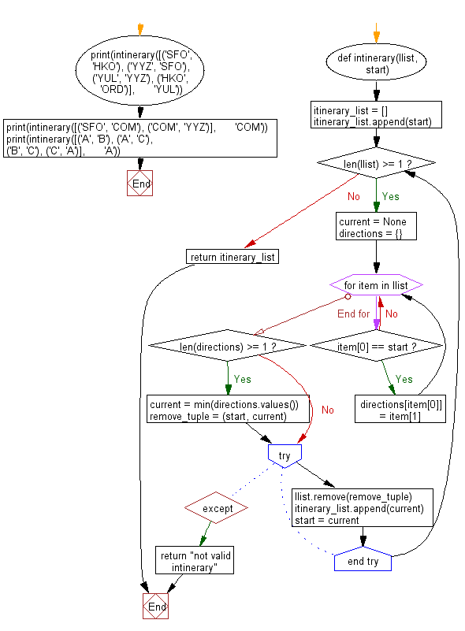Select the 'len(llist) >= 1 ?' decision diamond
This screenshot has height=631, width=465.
376,163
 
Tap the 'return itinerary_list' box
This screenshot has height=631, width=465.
233,256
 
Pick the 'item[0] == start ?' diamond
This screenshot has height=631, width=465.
377,345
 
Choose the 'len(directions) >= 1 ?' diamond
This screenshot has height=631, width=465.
227,345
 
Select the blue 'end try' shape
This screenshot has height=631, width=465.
363,561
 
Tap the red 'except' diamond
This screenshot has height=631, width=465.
218,508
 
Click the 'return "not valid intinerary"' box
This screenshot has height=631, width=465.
194,561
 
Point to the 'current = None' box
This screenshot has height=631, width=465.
377,226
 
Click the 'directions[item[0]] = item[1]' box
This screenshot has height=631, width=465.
401,409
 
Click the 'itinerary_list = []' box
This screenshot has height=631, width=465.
376,115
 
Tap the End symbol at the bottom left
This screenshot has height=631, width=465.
155,607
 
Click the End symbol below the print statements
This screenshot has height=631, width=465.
139,184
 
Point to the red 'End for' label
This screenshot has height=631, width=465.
353,314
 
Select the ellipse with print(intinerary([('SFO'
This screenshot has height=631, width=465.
139,72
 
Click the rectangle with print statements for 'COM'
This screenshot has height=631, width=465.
139,139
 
